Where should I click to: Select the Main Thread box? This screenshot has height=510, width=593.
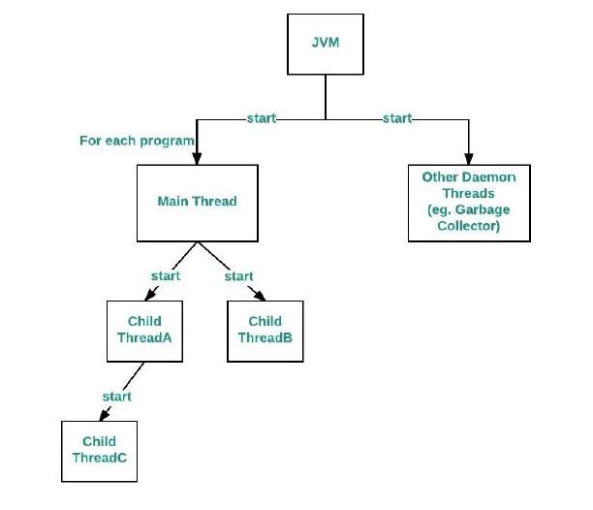[197, 203]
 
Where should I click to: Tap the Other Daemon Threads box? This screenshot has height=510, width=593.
[469, 203]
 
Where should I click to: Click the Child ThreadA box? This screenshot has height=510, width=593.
[143, 330]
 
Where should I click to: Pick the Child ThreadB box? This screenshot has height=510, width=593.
[265, 330]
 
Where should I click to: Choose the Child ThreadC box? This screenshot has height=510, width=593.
[99, 451]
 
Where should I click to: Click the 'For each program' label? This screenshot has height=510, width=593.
[137, 141]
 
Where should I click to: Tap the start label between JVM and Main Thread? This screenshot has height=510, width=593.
[262, 118]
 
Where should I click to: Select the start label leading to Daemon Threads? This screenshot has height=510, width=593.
[396, 118]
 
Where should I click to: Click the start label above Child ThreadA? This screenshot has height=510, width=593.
[166, 276]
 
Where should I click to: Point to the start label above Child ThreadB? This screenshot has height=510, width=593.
[238, 276]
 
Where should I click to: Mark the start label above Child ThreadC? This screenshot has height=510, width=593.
[116, 397]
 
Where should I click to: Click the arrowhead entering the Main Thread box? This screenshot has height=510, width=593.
[197, 160]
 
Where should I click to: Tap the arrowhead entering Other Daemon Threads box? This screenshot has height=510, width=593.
[469, 160]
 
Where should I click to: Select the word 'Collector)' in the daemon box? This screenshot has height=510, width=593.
[469, 227]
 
